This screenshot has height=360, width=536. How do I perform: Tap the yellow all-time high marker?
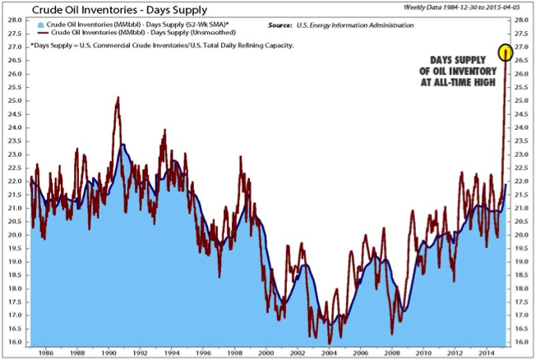click(x=506, y=53)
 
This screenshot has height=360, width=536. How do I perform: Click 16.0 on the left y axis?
click(x=14, y=341)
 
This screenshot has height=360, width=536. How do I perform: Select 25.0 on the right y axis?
click(x=523, y=100)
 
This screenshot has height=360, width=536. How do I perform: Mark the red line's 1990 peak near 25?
click(x=118, y=98)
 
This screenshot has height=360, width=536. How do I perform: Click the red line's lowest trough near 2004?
click(x=329, y=342)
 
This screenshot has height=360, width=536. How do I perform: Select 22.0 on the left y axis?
click(x=14, y=181)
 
